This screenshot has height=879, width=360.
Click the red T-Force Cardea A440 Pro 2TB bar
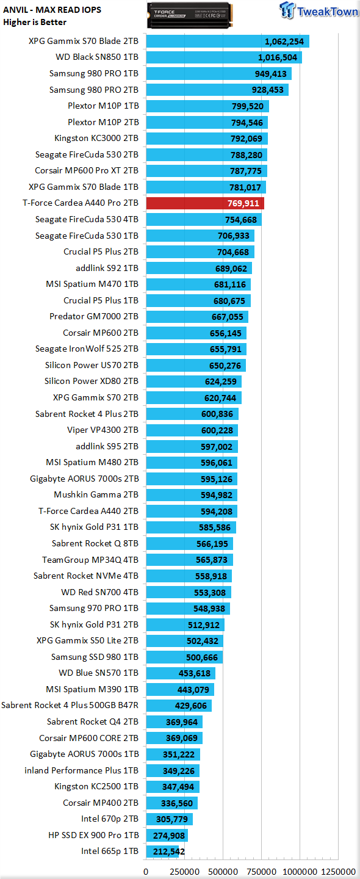click(x=205, y=203)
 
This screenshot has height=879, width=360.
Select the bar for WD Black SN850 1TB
click(x=224, y=57)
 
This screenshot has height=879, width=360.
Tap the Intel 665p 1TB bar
click(x=162, y=851)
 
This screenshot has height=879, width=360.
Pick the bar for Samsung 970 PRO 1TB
click(x=188, y=608)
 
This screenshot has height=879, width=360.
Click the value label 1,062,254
click(x=284, y=42)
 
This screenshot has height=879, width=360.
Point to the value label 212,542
click(x=169, y=852)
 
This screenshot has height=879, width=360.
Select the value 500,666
click(x=201, y=657)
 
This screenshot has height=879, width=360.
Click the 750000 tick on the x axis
click(x=262, y=872)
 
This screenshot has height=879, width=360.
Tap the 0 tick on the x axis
click(x=146, y=872)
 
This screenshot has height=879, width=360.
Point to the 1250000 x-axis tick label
click(x=339, y=872)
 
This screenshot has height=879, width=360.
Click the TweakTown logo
click(x=319, y=10)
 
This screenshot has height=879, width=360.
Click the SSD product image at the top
click(x=190, y=15)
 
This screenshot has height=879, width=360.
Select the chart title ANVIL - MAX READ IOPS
click(x=52, y=10)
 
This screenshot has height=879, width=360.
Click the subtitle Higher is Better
click(x=35, y=23)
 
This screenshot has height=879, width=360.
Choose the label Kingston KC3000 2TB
click(x=96, y=138)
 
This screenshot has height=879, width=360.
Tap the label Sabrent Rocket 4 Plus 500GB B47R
click(x=70, y=705)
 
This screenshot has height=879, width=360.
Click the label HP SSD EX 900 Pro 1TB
click(x=93, y=835)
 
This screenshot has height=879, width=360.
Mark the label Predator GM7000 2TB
click(x=94, y=316)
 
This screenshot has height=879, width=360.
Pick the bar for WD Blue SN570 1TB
click(x=181, y=673)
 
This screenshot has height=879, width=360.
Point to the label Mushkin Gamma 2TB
click(x=96, y=494)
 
